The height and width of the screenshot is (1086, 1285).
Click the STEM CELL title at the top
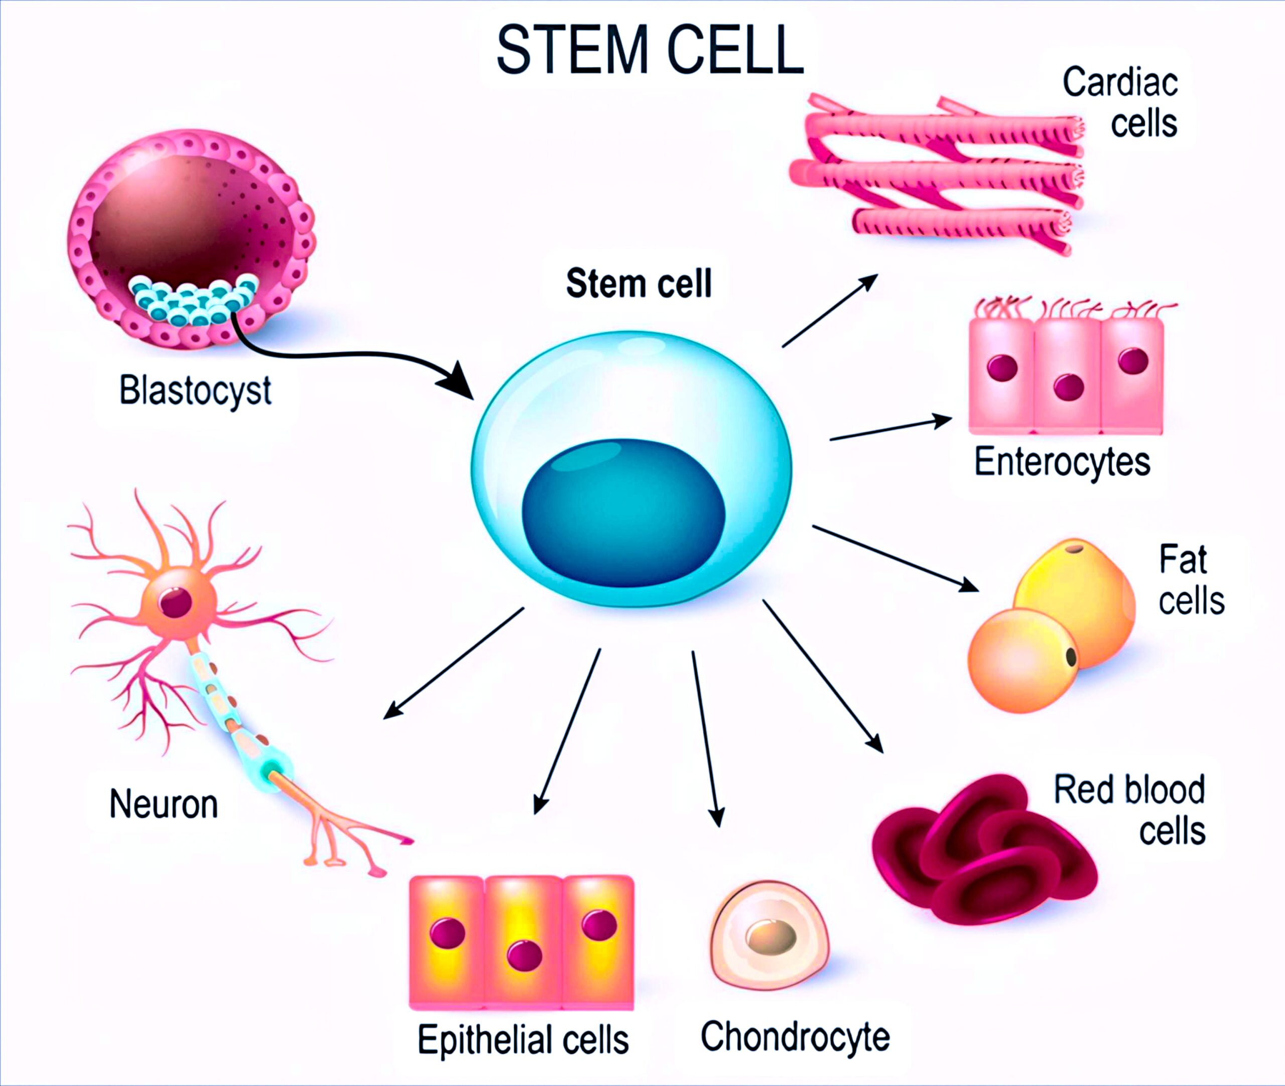(650, 49)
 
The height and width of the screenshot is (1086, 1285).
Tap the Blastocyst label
(195, 390)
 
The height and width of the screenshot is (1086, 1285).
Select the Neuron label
(164, 804)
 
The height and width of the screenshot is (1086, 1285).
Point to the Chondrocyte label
(795, 1037)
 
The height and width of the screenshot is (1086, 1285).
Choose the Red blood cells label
(1129, 810)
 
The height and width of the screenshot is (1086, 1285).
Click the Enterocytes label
(1062, 462)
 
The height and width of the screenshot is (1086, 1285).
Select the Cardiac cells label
(1120, 102)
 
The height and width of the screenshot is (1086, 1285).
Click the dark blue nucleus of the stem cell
(623, 512)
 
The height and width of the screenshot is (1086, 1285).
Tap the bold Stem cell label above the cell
(639, 283)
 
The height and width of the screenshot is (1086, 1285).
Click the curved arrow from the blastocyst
(345, 356)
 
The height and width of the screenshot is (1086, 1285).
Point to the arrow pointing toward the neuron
(454, 663)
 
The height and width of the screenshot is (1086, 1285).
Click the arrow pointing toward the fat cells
(895, 558)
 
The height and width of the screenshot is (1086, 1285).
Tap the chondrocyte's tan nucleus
(772, 936)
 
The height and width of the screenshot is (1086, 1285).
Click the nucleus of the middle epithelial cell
(525, 955)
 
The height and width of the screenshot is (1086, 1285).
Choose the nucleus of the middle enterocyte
(1068, 387)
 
